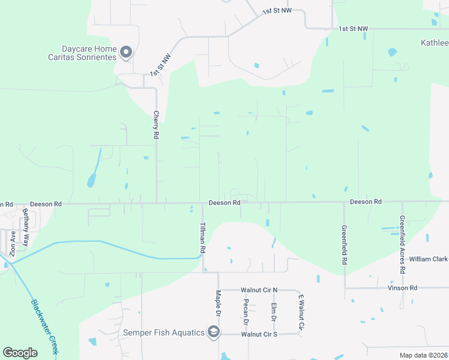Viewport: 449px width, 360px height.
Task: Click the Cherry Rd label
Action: point(155,125)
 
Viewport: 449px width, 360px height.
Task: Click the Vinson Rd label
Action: point(405,288)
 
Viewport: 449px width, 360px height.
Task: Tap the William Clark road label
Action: point(428,259)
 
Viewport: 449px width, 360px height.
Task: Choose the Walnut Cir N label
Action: point(259,290)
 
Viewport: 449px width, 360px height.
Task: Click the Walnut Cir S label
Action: point(259,334)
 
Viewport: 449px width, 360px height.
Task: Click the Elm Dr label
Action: point(273,312)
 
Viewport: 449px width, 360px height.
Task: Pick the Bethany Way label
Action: point(26,228)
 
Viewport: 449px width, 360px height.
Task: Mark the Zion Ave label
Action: point(12,243)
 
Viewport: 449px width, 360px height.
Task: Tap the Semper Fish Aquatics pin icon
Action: point(213,332)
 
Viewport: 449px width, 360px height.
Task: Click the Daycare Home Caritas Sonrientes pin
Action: point(126,53)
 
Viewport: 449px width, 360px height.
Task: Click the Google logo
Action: point(20,353)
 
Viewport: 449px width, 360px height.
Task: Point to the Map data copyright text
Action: point(423,355)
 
